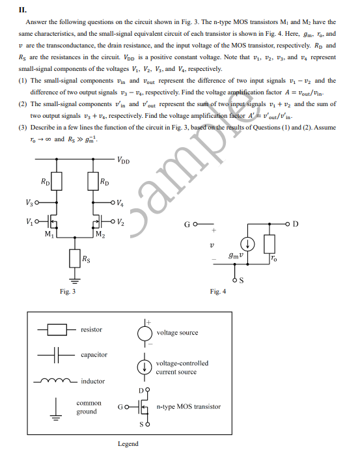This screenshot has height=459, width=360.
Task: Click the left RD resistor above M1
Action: (x=57, y=180)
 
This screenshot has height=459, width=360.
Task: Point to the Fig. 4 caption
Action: (x=218, y=292)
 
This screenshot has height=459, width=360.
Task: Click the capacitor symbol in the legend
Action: (x=56, y=355)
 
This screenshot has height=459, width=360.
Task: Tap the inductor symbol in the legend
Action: (x=56, y=381)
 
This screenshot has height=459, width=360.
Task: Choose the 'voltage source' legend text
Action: (x=177, y=333)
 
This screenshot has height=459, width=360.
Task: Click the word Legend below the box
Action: (x=128, y=444)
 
